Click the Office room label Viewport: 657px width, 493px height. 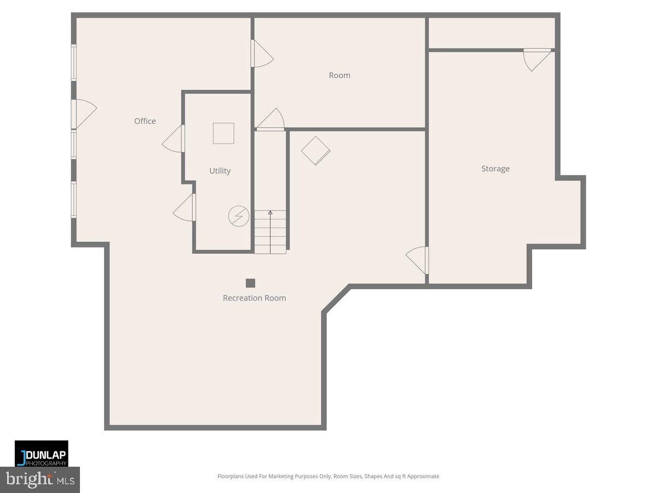[145, 121]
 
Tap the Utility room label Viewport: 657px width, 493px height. [220, 171]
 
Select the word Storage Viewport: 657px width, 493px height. [495, 169]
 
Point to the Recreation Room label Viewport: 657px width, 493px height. [254, 298]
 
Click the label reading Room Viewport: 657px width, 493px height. [339, 76]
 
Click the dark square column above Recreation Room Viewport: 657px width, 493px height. [250, 283]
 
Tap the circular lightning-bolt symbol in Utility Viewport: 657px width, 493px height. [237, 216]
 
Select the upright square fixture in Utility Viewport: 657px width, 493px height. [223, 133]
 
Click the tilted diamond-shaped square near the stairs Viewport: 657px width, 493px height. [315, 150]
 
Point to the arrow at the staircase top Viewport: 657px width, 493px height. [270, 213]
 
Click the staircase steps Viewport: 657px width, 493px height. [270, 232]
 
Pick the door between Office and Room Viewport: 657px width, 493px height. [262, 54]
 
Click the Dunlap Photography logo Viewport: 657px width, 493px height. [42, 453]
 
